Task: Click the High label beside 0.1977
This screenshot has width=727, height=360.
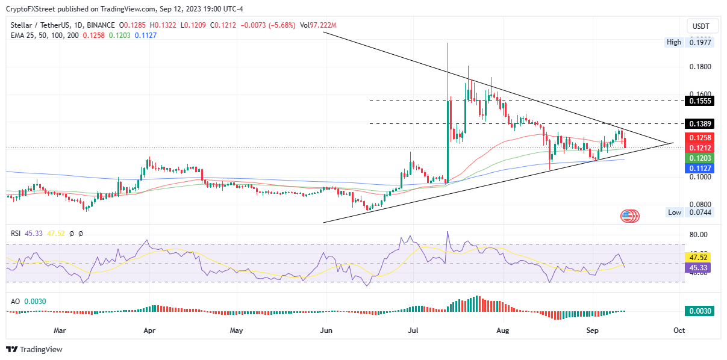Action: click(674, 42)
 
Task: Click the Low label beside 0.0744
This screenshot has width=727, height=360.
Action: click(675, 213)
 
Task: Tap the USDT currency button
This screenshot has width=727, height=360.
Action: click(701, 26)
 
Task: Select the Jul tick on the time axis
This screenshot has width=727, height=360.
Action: click(414, 331)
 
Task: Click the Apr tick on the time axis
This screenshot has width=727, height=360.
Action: click(150, 331)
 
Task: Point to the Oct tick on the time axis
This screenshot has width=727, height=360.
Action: click(679, 331)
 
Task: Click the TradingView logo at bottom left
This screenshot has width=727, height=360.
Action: click(34, 349)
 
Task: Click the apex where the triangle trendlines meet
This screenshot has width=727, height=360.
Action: click(672, 143)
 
